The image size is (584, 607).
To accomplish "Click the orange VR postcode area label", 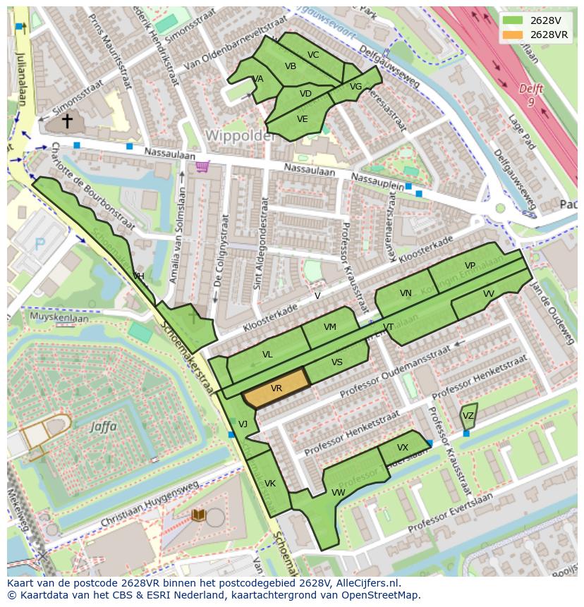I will point(276,388).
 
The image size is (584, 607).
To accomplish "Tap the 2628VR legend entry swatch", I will point(513,35).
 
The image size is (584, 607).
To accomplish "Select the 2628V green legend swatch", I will point(513,20).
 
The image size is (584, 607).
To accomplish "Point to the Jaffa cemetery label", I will point(104,426).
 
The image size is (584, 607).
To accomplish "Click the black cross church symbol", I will point(67,121).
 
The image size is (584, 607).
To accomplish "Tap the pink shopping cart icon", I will point(203,167).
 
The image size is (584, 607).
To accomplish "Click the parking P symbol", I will point(40,244).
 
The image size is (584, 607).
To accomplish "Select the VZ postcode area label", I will point(468,416).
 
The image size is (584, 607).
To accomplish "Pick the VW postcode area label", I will point(339,492).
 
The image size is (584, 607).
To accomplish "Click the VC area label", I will point(313,55).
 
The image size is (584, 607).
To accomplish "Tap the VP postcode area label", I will point(470,266).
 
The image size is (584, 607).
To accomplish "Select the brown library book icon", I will point(199,515).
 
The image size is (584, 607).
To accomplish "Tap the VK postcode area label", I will point(270,484).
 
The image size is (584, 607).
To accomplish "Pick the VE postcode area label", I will point(303,119).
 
